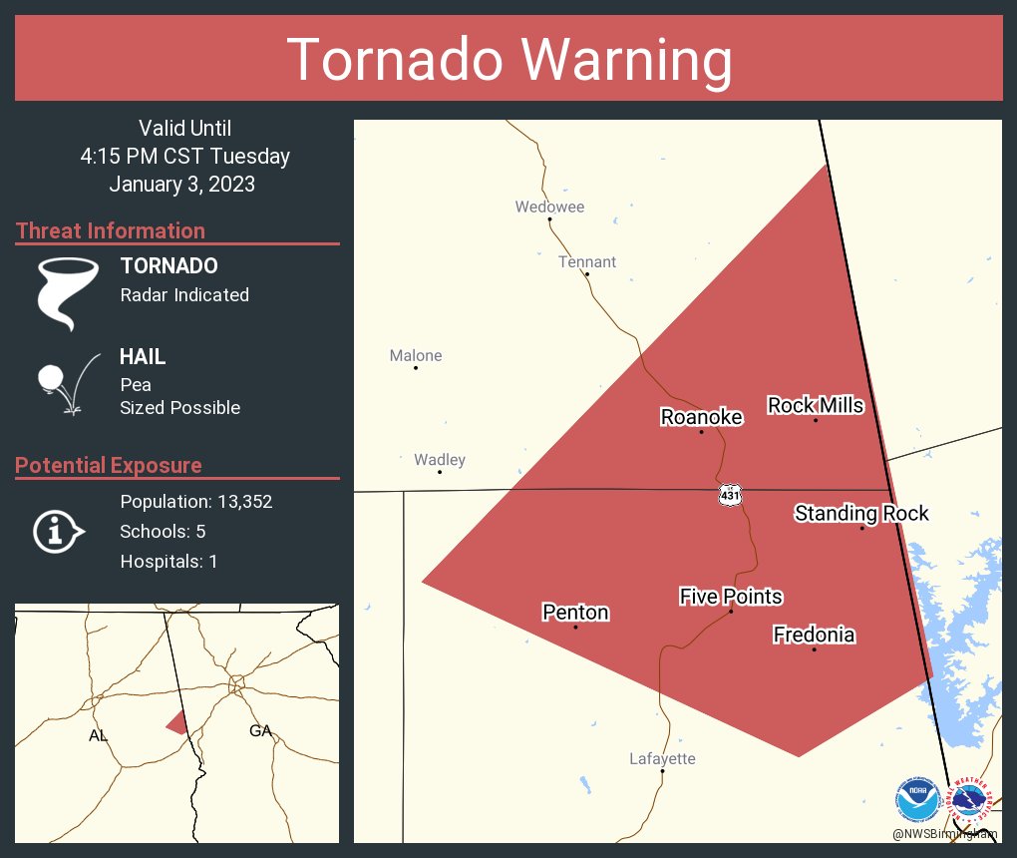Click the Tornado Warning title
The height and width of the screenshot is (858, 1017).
click(x=509, y=60)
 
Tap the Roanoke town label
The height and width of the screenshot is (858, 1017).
click(x=701, y=417)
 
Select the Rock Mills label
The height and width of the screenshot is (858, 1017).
click(x=815, y=405)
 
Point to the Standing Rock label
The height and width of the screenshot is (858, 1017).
click(x=861, y=514)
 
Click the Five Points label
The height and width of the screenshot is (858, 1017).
click(x=731, y=597)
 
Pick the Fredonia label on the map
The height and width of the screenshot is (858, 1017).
click(x=814, y=635)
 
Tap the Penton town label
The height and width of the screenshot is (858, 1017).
click(x=575, y=613)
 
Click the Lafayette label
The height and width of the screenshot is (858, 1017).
click(x=662, y=759)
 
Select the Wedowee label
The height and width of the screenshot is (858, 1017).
click(x=549, y=208)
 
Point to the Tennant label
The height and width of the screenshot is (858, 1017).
click(x=586, y=262)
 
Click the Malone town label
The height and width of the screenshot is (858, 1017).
click(x=415, y=355)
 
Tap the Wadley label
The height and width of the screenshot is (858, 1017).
click(x=440, y=460)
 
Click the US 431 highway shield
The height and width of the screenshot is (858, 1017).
click(x=730, y=495)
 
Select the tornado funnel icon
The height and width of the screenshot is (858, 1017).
click(x=68, y=293)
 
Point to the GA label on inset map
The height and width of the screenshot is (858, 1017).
click(x=260, y=731)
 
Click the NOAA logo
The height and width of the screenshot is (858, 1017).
click(x=917, y=799)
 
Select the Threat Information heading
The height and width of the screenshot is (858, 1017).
click(x=111, y=230)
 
